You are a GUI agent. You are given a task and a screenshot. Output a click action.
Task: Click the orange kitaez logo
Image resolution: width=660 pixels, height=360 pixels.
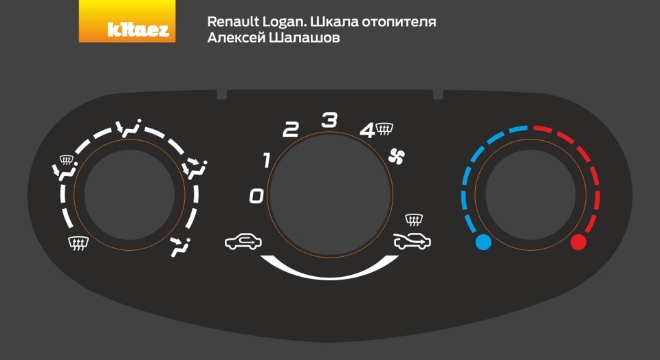[127, 21]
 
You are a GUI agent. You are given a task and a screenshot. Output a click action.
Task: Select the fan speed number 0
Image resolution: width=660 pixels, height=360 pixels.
[256, 197]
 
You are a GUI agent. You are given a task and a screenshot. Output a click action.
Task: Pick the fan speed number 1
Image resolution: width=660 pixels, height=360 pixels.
[267, 161]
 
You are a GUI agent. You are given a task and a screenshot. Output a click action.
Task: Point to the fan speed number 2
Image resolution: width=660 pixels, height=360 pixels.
[291, 130]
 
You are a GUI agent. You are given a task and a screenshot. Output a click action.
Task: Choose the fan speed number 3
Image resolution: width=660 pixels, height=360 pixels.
[330, 121]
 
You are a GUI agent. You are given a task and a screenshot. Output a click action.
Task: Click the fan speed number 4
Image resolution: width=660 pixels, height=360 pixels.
[368, 130]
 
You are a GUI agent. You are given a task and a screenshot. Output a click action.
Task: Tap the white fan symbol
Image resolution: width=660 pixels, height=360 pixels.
[397, 157]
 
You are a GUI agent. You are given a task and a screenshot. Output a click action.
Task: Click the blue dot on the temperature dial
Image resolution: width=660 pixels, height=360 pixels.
[483, 242]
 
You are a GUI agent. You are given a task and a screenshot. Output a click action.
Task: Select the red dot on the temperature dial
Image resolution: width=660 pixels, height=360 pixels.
[578, 242]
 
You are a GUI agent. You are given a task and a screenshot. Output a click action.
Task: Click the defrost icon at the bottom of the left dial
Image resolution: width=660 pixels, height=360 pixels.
[78, 242]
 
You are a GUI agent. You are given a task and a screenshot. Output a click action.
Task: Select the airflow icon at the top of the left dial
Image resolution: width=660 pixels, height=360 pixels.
[128, 128]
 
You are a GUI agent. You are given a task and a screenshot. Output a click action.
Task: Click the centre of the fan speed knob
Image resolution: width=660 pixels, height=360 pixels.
[330, 187]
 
